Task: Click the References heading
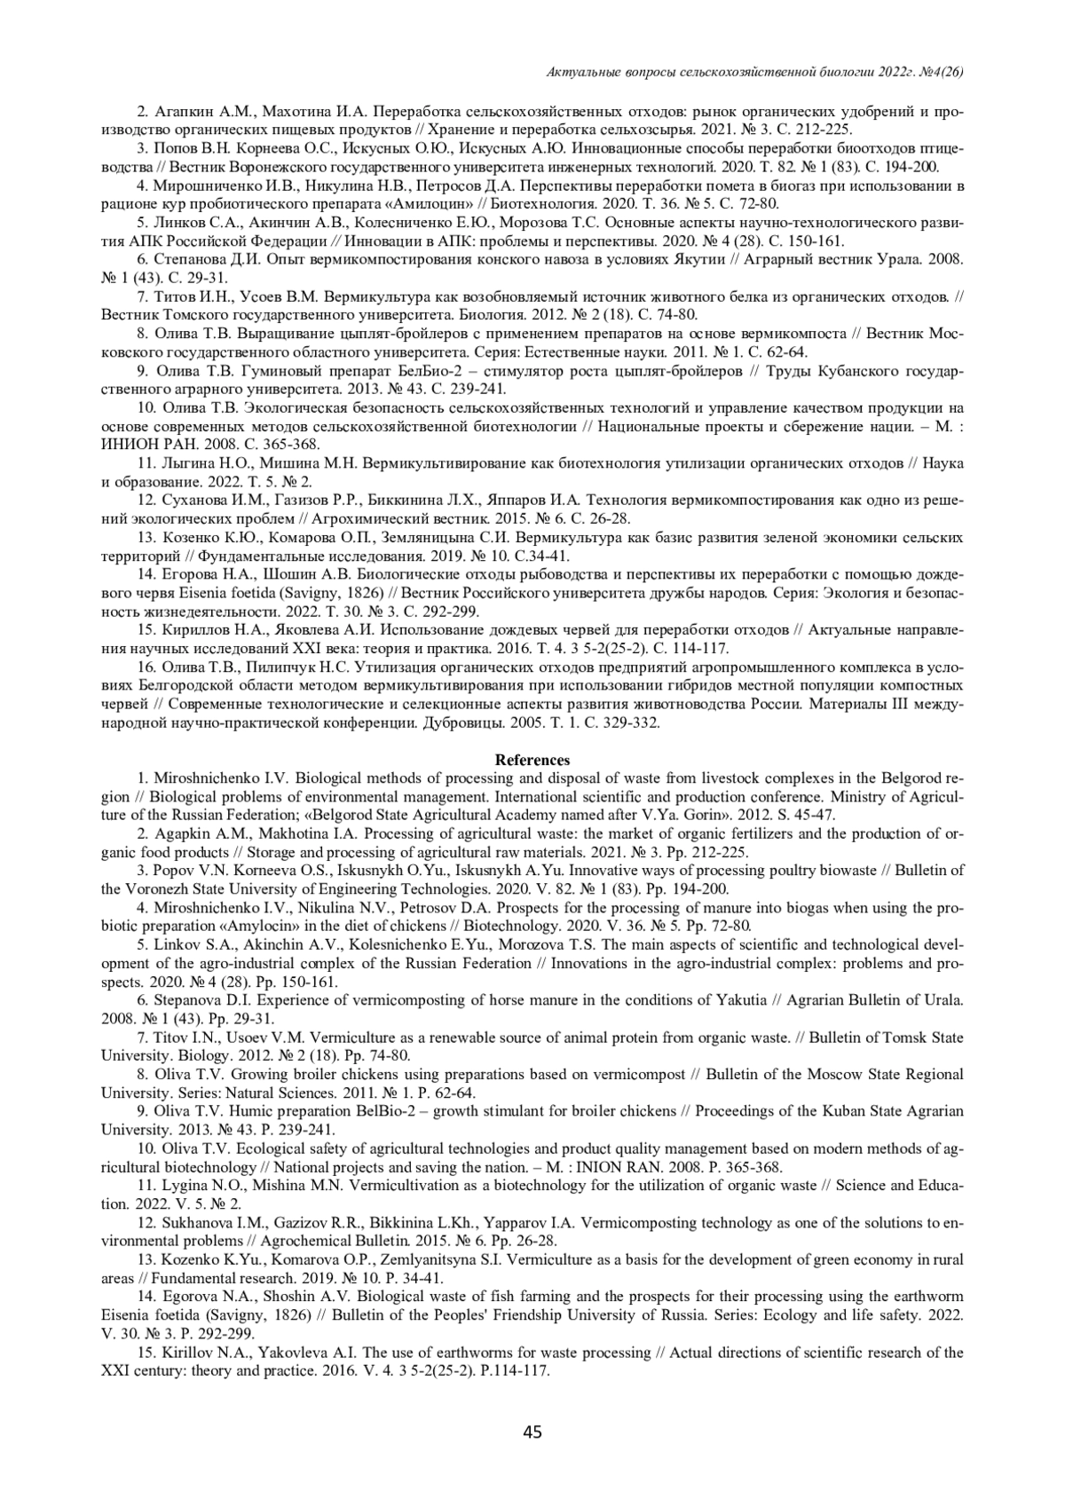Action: (532, 760)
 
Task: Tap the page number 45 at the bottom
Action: (532, 1432)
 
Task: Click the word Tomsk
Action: (917, 1038)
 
